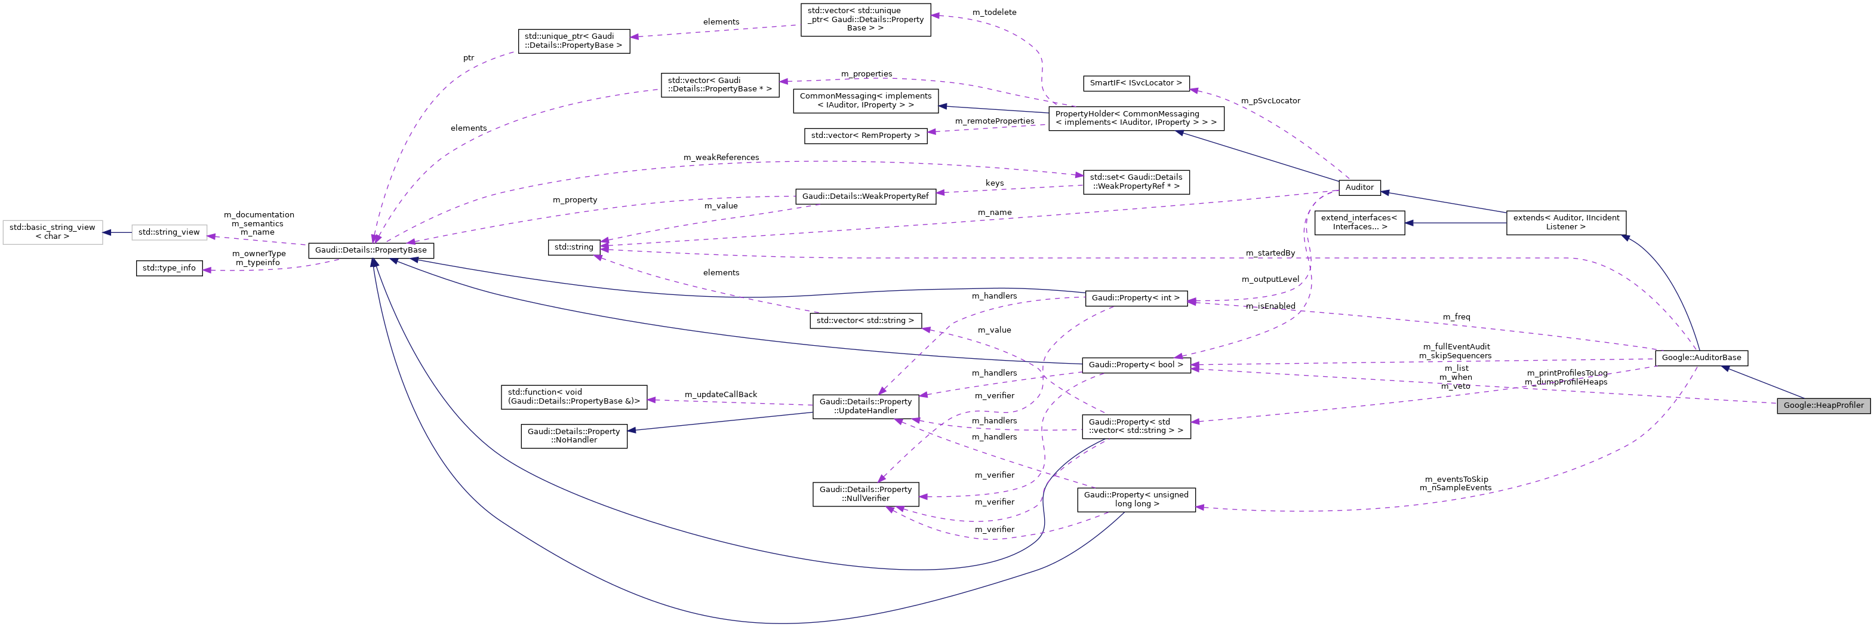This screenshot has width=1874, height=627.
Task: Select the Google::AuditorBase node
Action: pyautogui.click(x=1701, y=357)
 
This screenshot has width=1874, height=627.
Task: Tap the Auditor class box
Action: pyautogui.click(x=1359, y=187)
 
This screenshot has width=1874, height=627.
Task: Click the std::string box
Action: pyautogui.click(x=573, y=247)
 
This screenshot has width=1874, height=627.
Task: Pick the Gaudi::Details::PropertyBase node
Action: pyautogui.click(x=370, y=250)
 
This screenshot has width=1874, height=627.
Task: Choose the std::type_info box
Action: pyautogui.click(x=169, y=268)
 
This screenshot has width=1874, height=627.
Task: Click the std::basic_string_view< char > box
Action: pyautogui.click(x=53, y=232)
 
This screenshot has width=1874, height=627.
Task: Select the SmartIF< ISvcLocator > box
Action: pyautogui.click(x=1136, y=83)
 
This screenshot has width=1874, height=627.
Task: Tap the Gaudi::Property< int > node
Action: pyautogui.click(x=1136, y=297)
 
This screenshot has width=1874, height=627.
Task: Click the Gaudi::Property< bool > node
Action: pyautogui.click(x=1136, y=364)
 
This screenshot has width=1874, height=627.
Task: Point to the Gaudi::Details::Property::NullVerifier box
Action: pyautogui.click(x=865, y=494)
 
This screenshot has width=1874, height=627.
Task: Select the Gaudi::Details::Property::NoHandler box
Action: pyautogui.click(x=573, y=436)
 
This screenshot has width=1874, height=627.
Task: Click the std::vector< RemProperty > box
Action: pyautogui.click(x=865, y=136)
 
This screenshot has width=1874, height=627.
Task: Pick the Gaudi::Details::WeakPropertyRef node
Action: pyautogui.click(x=865, y=196)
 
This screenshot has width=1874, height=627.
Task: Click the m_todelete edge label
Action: pyautogui.click(x=994, y=13)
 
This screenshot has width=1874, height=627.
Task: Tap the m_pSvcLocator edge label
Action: pyautogui.click(x=1270, y=100)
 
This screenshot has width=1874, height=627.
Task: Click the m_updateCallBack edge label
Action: pyautogui.click(x=720, y=394)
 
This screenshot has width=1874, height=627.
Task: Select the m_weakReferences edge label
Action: pyautogui.click(x=720, y=157)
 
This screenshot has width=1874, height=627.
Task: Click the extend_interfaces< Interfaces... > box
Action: pyautogui.click(x=1359, y=222)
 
